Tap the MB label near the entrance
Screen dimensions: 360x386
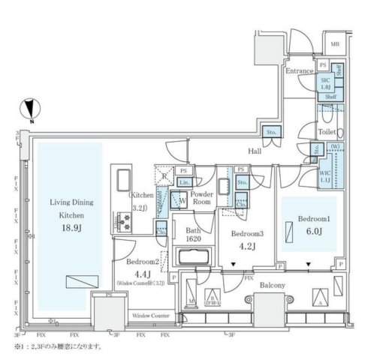[x=334, y=44]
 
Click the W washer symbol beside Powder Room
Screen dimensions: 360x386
[x=182, y=201]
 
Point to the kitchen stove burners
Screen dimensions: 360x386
[x=122, y=220]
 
